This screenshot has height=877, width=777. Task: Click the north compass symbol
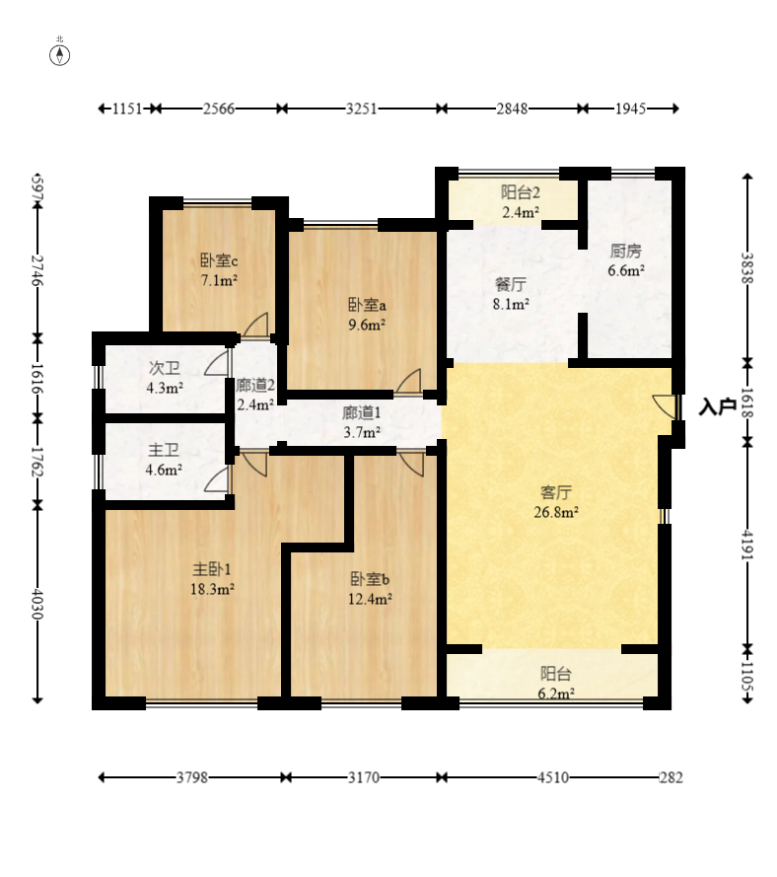[x=60, y=55]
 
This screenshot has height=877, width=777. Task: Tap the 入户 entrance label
[x=717, y=406]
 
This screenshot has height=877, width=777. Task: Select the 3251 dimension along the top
[x=361, y=109]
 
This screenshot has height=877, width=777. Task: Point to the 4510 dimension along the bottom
[x=553, y=777]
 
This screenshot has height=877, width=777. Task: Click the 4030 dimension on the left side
[x=36, y=603]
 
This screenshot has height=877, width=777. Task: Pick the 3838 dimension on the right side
[x=747, y=268]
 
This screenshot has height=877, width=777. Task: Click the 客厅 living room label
[x=556, y=492]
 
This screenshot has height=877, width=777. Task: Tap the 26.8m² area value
[x=556, y=512]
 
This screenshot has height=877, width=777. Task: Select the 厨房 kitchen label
[x=625, y=251]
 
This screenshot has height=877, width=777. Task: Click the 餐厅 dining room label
[x=511, y=284]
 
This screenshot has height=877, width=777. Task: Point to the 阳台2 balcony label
[x=520, y=193]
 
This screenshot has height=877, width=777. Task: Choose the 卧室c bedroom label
[x=219, y=260]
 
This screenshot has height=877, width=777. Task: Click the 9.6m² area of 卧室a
[x=367, y=325]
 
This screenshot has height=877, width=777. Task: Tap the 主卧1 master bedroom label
[x=211, y=569]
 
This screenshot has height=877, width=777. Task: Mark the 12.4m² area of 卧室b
[x=370, y=599]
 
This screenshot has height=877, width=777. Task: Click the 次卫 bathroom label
[x=165, y=368]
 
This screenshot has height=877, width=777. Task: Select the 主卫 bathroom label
[x=164, y=450]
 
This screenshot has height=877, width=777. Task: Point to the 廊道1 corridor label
[x=361, y=412]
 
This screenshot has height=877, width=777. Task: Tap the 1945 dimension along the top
[x=630, y=109]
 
